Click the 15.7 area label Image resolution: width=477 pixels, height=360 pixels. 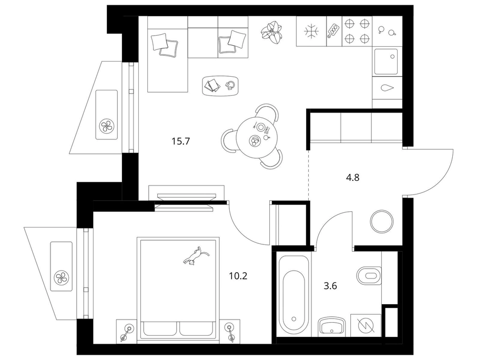click(x=181, y=141)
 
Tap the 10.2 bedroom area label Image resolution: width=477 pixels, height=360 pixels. click(x=238, y=276)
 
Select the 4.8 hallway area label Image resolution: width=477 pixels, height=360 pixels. click(x=352, y=177)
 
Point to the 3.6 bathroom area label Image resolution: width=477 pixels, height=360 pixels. click(x=330, y=286)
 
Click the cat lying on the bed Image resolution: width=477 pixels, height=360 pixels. click(x=195, y=256)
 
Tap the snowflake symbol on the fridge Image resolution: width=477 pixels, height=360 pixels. click(x=311, y=32)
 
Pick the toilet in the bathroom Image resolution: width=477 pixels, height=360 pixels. click(x=369, y=276)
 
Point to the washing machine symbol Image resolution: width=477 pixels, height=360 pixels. click(x=366, y=326)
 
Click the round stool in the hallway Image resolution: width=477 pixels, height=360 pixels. click(x=382, y=221)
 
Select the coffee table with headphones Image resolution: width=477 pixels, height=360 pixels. click(x=220, y=86)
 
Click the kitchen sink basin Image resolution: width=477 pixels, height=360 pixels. click(x=385, y=61)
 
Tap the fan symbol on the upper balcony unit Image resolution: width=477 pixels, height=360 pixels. click(x=107, y=126)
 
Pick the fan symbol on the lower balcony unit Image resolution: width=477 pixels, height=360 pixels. click(x=62, y=277)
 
